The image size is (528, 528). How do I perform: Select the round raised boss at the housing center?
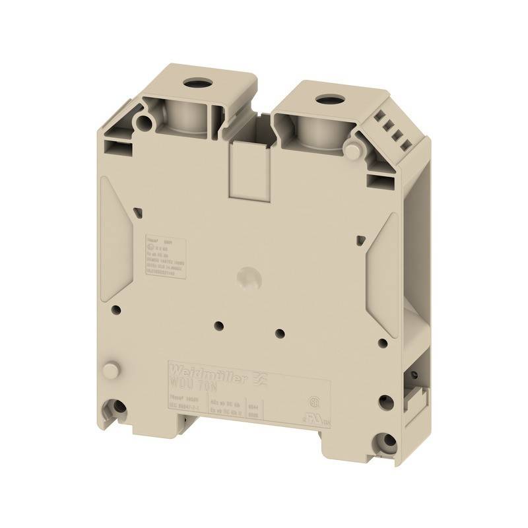tap(249, 275)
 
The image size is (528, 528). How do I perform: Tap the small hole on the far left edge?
tap(116, 308)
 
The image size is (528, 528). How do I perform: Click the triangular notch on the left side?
tap(137, 211)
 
